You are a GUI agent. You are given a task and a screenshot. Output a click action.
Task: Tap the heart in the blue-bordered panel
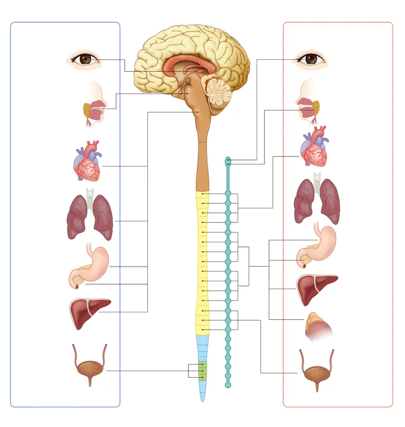(87, 163)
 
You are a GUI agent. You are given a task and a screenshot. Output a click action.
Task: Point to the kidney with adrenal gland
(318, 327)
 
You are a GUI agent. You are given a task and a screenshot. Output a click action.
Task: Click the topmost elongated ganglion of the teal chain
(228, 163)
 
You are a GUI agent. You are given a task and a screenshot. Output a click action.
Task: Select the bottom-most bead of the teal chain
(228, 385)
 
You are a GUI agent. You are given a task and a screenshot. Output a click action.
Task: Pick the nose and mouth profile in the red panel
(307, 102)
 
